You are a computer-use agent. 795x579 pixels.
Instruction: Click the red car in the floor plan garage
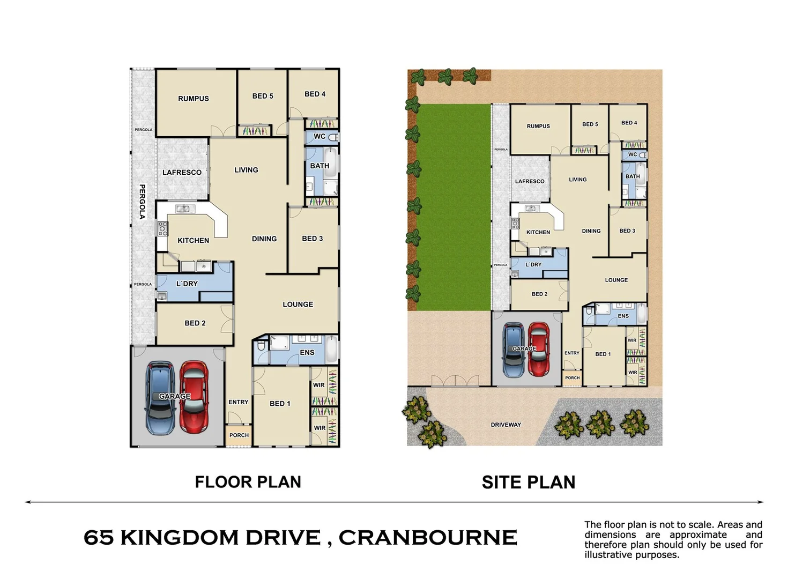click(194, 398)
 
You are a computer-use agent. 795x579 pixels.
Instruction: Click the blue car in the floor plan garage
click(160, 399)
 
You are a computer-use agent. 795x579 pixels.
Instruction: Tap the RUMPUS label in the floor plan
click(194, 99)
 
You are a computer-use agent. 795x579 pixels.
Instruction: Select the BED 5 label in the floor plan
click(263, 96)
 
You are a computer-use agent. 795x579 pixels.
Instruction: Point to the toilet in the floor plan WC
click(333, 137)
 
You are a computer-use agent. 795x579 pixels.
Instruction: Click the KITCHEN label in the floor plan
click(193, 241)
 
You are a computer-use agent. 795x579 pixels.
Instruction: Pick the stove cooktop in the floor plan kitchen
click(162, 228)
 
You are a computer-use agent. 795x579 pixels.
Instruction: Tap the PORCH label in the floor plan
click(239, 435)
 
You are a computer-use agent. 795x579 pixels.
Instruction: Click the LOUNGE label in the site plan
click(616, 280)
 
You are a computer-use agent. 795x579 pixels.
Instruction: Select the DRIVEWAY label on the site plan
click(506, 425)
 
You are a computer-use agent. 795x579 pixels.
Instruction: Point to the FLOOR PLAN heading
click(248, 482)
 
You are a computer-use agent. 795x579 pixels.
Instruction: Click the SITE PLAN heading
click(528, 482)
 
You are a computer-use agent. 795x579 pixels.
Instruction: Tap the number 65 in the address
click(99, 538)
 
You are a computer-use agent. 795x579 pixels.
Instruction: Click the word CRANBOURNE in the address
click(427, 538)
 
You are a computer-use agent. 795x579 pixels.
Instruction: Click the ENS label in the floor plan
click(307, 352)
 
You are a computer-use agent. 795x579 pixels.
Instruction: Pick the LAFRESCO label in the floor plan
click(182, 173)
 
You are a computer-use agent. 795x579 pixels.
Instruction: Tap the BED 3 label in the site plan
click(627, 231)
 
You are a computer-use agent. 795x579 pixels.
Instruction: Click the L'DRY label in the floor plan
click(187, 284)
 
